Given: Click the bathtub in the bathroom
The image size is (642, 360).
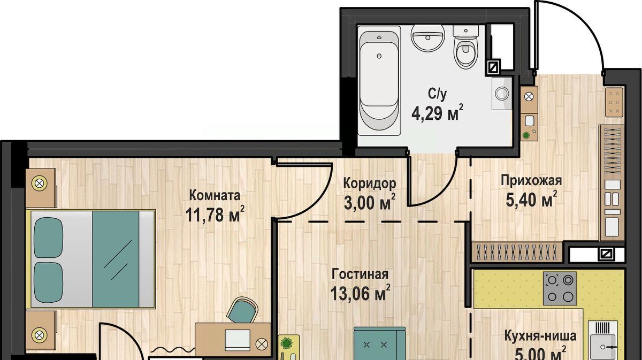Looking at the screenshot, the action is point(379,81).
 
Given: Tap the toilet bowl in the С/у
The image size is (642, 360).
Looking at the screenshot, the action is point(466,47).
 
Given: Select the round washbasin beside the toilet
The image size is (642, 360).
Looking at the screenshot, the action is point(427,37).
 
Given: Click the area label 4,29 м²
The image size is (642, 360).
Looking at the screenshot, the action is point(437,112).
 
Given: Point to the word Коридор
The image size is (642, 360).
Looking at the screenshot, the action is point(370,183).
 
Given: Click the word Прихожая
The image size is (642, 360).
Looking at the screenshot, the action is point(531,181).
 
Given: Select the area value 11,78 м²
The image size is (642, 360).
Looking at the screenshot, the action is point(215,214).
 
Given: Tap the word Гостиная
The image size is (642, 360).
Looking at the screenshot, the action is point(360,274).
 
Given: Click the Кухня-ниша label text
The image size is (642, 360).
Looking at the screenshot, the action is point(540,336).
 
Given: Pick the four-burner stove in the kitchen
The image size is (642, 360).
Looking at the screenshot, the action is point(560,289).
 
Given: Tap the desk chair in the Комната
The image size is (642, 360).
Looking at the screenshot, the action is point(242,310).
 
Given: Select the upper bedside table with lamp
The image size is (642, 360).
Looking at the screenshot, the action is point(41,188).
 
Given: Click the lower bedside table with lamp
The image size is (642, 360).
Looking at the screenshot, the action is point(41,331).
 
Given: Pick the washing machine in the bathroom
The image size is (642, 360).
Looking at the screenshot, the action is point(502,93).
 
